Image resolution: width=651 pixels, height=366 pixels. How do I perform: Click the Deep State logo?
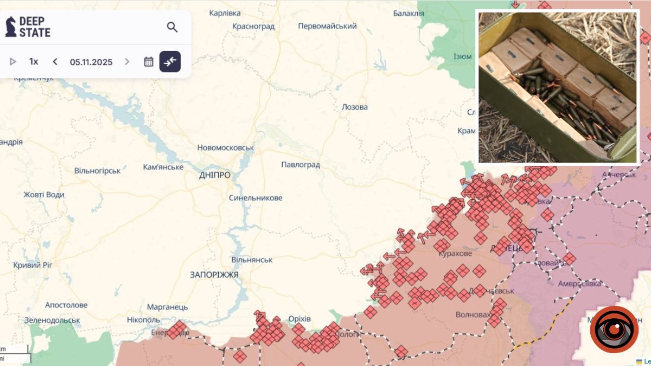click(x=28, y=27)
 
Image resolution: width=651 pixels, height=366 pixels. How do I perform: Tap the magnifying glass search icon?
click(x=172, y=27)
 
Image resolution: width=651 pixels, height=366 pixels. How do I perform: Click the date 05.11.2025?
click(x=91, y=62)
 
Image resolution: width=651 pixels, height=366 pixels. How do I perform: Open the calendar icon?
click(x=149, y=62)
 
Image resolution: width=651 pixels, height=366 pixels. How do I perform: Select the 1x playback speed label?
click(x=34, y=62)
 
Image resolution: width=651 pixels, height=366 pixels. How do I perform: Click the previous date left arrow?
click(x=55, y=62)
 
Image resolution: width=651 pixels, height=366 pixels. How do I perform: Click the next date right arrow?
click(x=127, y=62)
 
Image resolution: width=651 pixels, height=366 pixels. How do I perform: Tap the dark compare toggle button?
click(x=170, y=62)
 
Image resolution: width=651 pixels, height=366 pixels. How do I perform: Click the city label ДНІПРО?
click(x=215, y=175)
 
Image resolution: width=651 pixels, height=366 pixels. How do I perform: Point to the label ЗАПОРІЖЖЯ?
click(x=214, y=275)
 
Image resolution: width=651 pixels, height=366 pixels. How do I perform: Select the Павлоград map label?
click(x=301, y=164)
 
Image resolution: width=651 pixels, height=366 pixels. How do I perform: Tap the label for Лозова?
click(x=355, y=107)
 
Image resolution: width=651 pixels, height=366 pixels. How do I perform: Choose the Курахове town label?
click(x=455, y=253)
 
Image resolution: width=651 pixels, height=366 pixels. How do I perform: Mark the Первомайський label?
click(x=328, y=26)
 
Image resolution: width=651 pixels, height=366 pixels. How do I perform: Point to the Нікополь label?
click(x=143, y=319)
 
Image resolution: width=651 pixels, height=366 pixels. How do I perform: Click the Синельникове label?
click(x=256, y=198)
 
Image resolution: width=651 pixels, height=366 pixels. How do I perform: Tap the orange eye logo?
click(x=614, y=329)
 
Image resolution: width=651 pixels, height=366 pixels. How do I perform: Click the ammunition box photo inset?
click(x=557, y=87)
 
